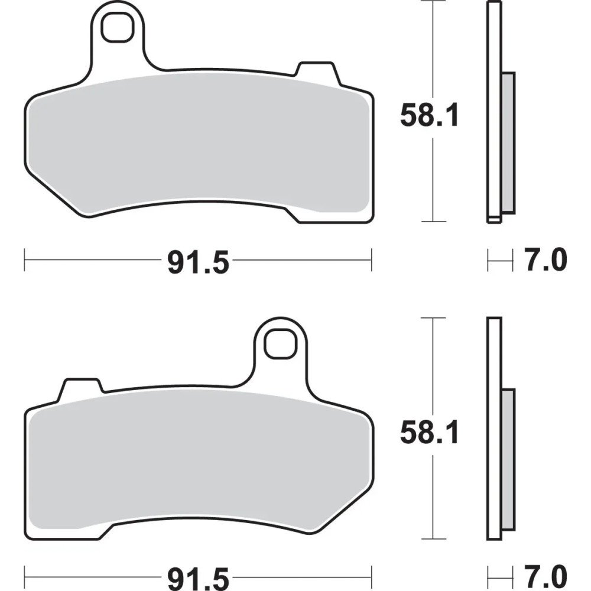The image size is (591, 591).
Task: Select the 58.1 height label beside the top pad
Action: (x=429, y=116)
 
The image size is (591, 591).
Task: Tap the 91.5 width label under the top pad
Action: (x=198, y=262)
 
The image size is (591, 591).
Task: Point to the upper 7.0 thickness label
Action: (x=545, y=261)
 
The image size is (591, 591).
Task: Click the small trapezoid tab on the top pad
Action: (x=317, y=72)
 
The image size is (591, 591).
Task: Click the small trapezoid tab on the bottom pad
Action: (x=82, y=388)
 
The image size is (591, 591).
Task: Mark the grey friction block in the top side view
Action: (x=508, y=142)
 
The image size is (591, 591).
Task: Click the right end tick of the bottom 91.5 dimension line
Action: (x=372, y=573)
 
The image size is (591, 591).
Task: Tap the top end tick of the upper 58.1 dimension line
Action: (x=434, y=2)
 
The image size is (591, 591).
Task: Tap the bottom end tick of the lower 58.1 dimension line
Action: (x=434, y=539)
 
